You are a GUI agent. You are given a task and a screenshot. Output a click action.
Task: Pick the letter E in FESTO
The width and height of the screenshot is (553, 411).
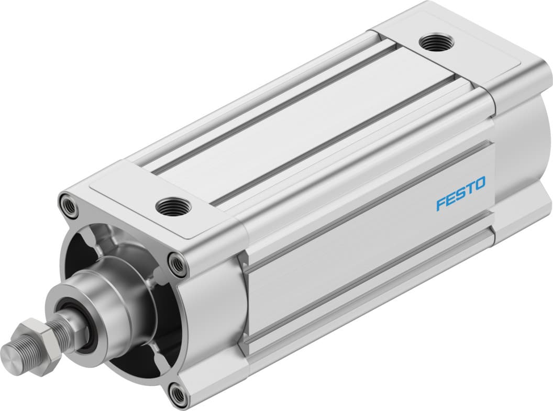(451, 198)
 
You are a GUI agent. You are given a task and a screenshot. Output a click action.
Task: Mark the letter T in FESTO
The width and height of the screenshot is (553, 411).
(470, 188)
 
